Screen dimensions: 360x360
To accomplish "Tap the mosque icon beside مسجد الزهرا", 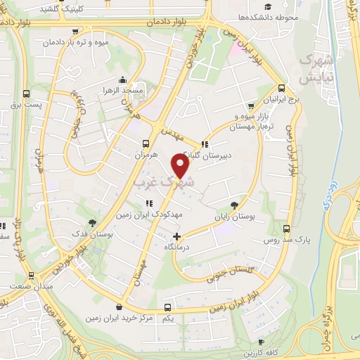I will pos(123,79).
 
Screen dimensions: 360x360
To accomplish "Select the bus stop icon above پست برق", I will pos(26,94).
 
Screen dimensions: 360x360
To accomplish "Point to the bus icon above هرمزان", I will pos(146,139).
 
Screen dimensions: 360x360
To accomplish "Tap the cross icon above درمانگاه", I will pos(176,236).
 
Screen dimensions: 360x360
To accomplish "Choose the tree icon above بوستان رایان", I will pos(243,198).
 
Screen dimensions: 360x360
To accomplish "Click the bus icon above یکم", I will pos(167,307).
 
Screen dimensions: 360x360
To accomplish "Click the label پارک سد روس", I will pos(312,240).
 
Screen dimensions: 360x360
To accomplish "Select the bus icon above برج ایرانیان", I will pos(282,89).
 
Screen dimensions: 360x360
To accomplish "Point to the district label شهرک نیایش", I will pos(314,70).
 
